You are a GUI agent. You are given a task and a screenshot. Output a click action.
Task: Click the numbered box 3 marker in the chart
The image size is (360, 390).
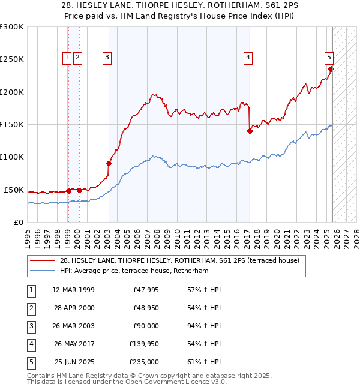tap(107, 58)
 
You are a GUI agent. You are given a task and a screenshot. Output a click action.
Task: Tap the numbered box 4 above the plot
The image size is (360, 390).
tap(248, 58)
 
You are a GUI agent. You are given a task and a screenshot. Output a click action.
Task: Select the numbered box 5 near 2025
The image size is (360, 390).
tap(329, 58)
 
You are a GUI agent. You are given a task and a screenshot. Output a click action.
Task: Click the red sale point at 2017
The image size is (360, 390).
tap(250, 131)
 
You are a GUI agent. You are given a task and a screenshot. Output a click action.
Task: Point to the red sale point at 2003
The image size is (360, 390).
tap(109, 163)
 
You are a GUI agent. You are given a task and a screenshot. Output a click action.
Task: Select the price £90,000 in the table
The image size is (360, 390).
tap(146, 326)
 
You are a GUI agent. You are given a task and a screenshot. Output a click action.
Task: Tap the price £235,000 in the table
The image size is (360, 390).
tap(144, 362)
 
